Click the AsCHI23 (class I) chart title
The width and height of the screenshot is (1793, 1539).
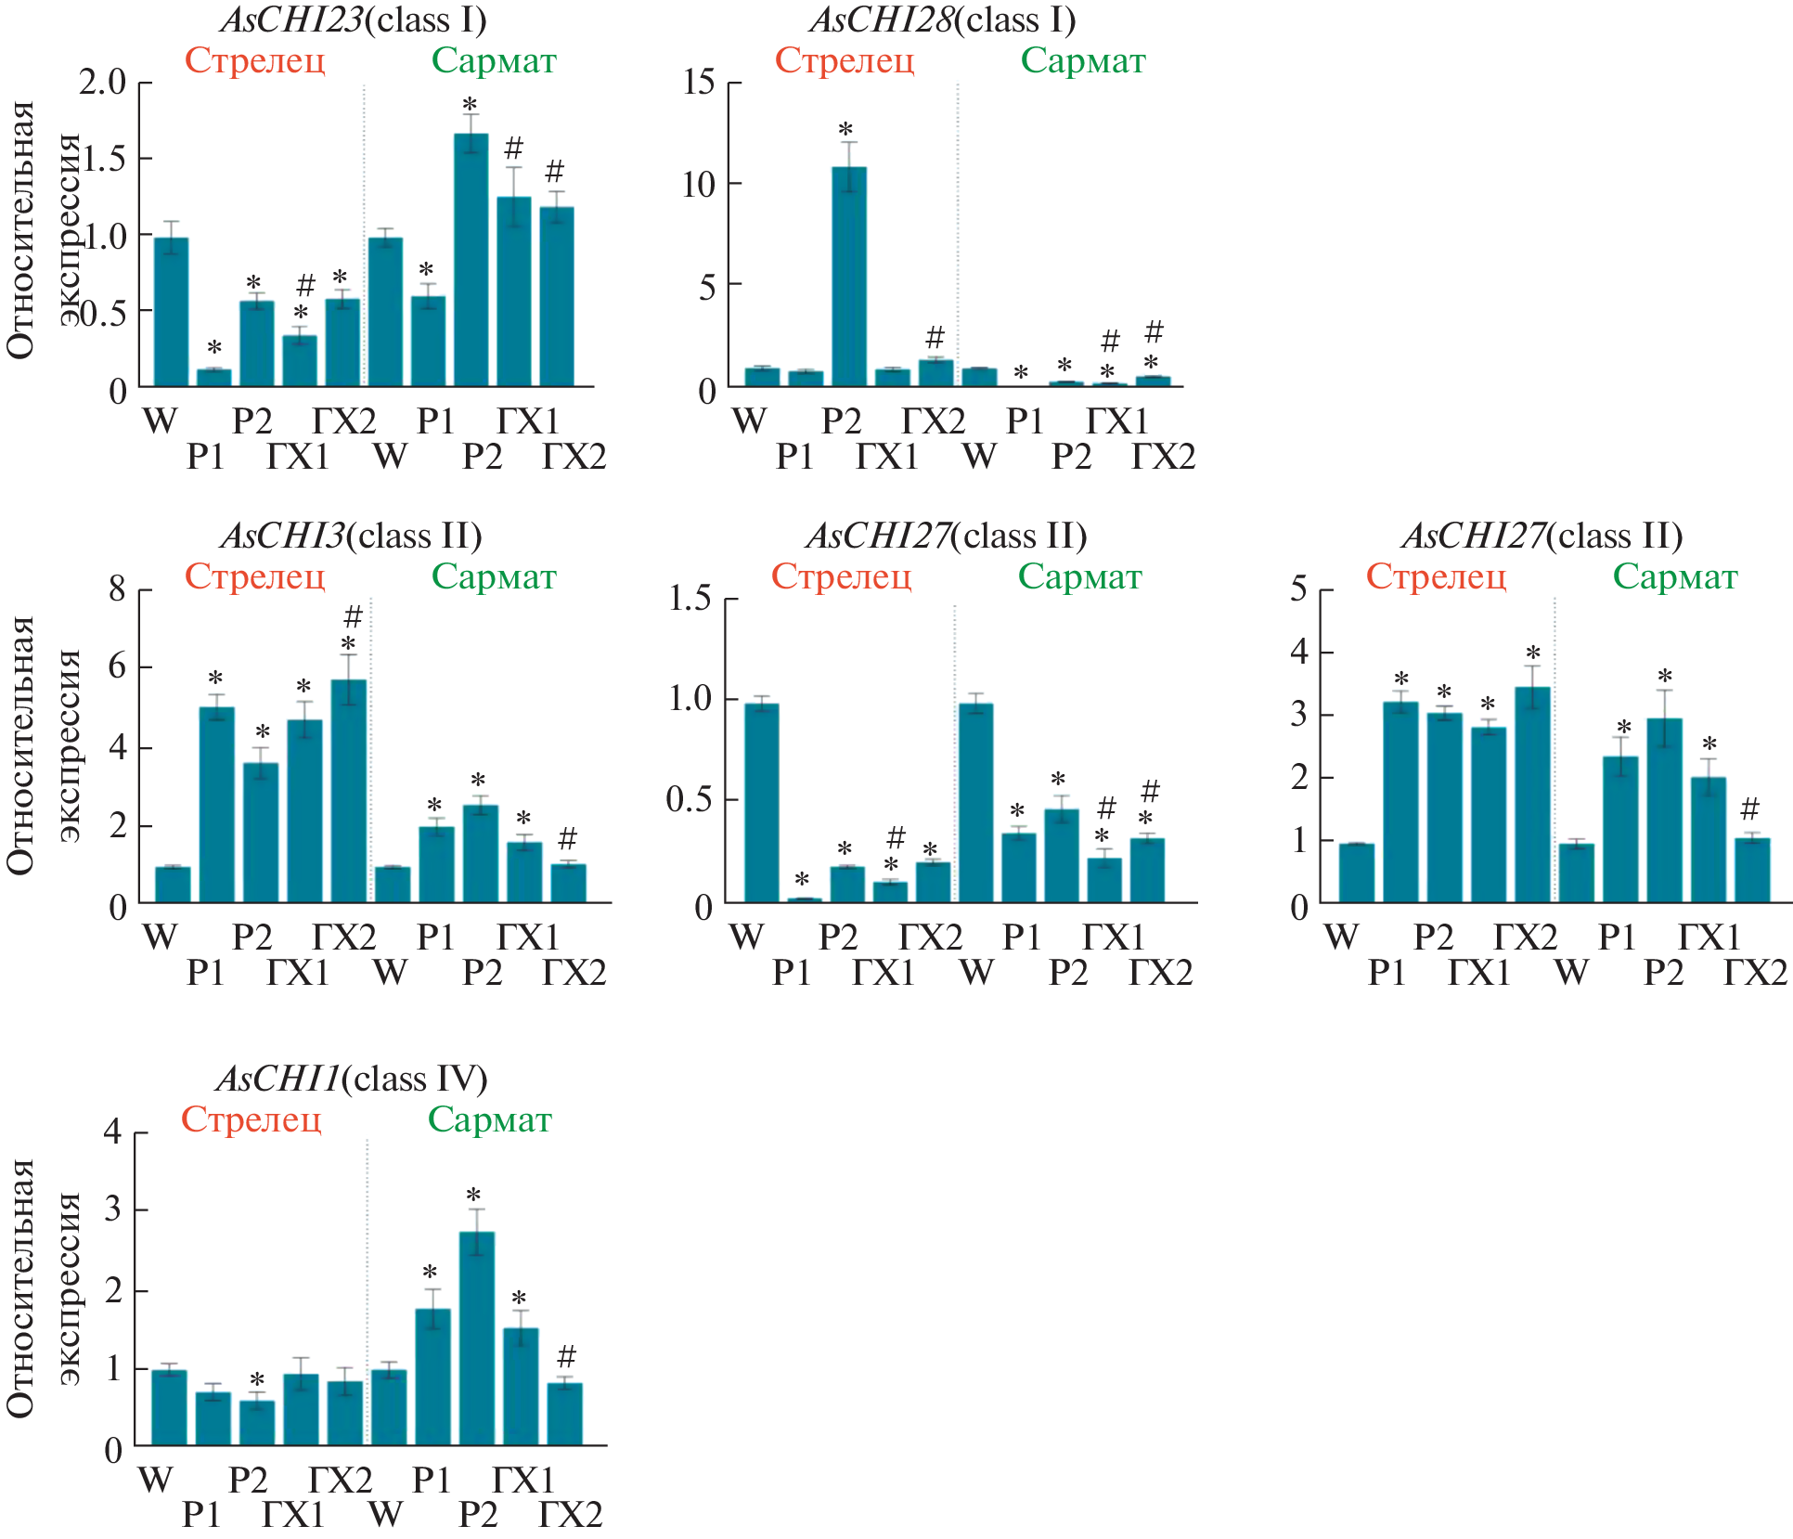tap(354, 19)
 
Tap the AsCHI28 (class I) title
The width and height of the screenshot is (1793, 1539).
tap(943, 19)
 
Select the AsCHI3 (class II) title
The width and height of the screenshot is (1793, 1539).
tap(352, 536)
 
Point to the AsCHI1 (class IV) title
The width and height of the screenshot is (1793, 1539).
tap(352, 1079)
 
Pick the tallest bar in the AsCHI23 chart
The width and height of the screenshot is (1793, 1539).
tap(471, 260)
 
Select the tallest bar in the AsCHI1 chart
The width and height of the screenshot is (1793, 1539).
tap(477, 1338)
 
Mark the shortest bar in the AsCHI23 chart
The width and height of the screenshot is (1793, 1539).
tap(213, 377)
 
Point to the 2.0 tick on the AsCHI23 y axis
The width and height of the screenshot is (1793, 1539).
tap(102, 83)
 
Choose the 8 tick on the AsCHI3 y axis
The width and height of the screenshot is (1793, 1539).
tap(117, 589)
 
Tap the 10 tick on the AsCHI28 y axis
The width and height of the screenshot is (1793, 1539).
tap(699, 185)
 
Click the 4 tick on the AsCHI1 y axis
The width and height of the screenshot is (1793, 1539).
tap(113, 1132)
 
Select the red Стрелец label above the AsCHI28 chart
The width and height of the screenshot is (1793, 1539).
tap(845, 60)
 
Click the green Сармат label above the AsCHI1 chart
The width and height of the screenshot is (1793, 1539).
tap(490, 1119)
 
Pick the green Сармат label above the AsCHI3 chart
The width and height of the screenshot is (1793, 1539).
tap(494, 576)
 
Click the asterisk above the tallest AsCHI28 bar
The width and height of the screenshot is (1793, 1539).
tap(845, 130)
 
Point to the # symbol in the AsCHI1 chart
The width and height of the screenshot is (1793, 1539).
tap(566, 1356)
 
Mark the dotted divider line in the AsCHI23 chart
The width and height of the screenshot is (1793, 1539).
tap(364, 232)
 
